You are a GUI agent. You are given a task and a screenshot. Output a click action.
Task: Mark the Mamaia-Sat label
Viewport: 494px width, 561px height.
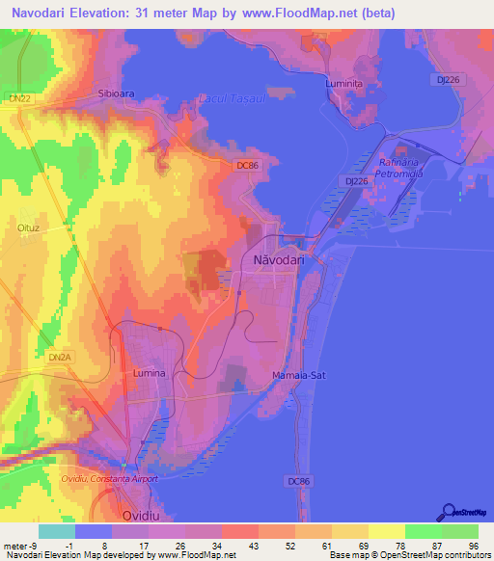[x=299, y=374]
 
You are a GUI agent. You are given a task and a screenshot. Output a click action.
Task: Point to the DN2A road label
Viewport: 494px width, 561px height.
[x=60, y=358]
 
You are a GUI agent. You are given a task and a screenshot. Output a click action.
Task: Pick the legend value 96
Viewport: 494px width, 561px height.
[x=472, y=545]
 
